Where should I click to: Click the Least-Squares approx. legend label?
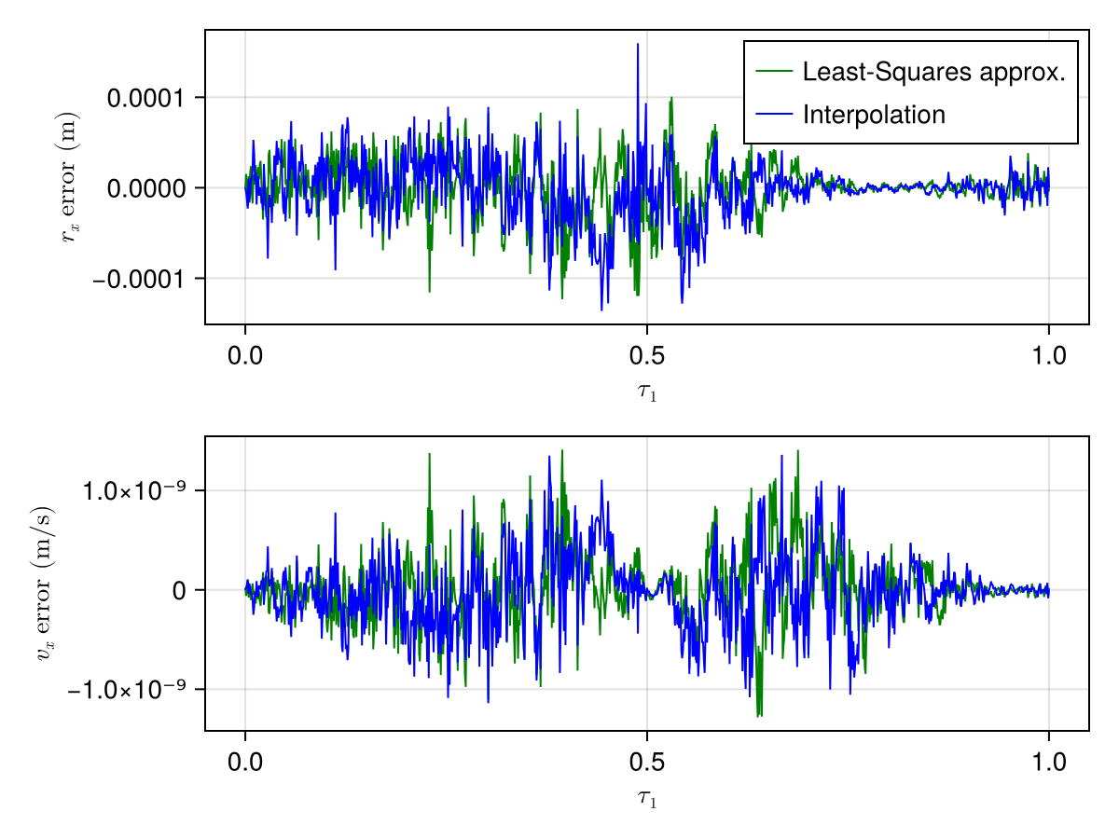pyautogui.click(x=933, y=72)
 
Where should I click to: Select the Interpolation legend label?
pyautogui.click(x=874, y=115)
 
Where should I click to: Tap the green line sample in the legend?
pyautogui.click(x=774, y=72)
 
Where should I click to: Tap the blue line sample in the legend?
pyautogui.click(x=774, y=115)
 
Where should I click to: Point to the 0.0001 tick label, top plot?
pyautogui.click(x=144, y=98)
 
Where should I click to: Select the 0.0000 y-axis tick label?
pyautogui.click(x=144, y=188)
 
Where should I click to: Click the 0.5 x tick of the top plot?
pyautogui.click(x=646, y=357)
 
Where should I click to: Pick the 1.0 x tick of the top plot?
pyautogui.click(x=1048, y=357)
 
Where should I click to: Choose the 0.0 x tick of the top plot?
pyautogui.click(x=245, y=357)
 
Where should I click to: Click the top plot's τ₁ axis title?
pyautogui.click(x=646, y=392)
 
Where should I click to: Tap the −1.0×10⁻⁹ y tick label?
pyautogui.click(x=123, y=690)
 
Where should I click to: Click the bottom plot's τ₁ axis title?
pyautogui.click(x=646, y=799)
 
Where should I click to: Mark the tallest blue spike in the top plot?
pyautogui.click(x=638, y=45)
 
